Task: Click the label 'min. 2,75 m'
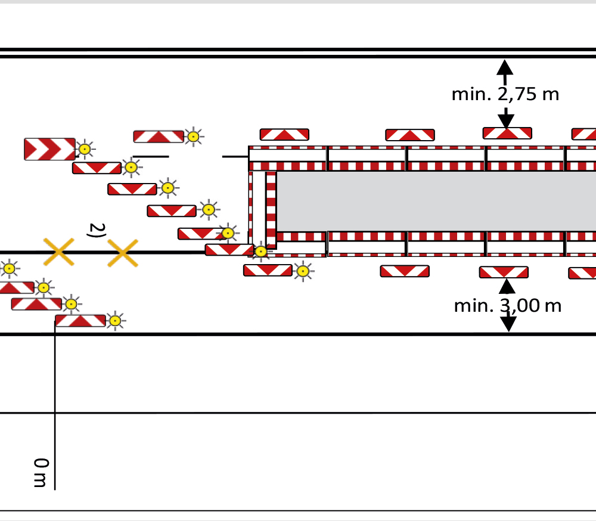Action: (x=505, y=94)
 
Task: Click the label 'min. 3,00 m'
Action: (x=508, y=306)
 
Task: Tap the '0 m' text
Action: (x=41, y=473)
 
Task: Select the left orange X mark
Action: (x=59, y=252)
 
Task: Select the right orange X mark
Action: (x=123, y=253)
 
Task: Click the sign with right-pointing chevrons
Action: (x=50, y=149)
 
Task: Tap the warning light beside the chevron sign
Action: (x=85, y=149)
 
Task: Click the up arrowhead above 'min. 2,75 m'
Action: (x=505, y=67)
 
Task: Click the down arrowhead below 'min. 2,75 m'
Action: (x=506, y=122)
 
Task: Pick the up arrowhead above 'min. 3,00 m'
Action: (x=507, y=286)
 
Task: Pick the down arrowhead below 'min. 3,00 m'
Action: (x=508, y=324)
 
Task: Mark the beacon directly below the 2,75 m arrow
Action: (x=507, y=133)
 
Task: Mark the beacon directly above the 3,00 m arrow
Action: (x=504, y=272)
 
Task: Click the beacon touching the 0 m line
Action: (x=80, y=321)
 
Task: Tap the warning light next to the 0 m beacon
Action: (x=115, y=321)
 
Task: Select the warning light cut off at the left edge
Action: (x=9, y=269)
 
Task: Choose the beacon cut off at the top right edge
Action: (x=584, y=134)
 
